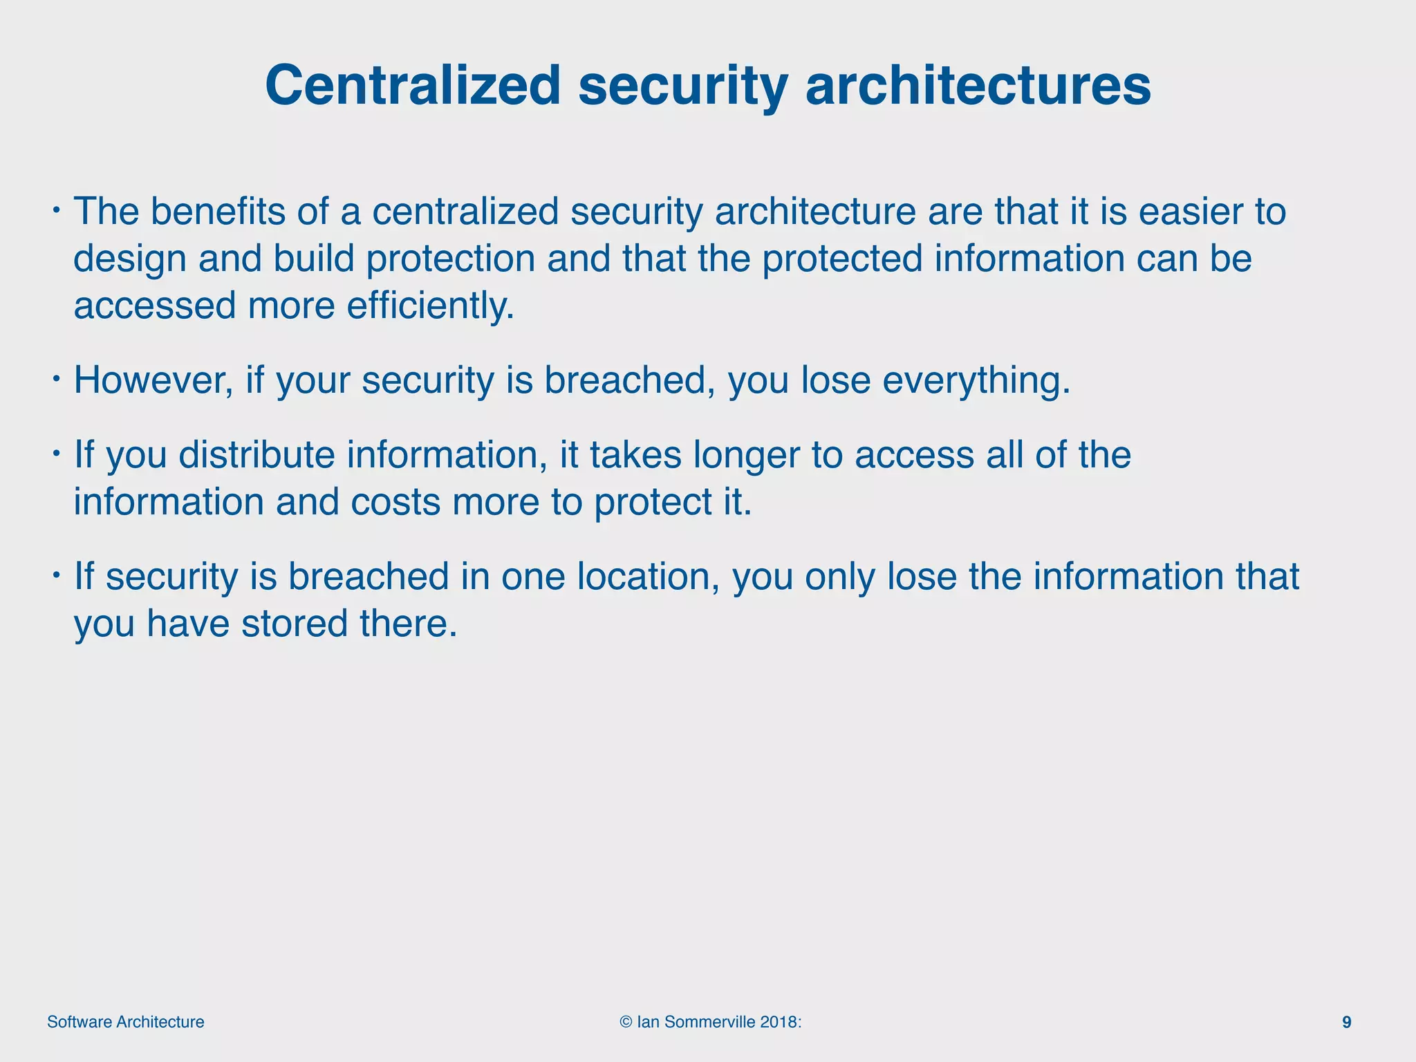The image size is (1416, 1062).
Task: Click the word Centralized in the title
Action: click(x=413, y=86)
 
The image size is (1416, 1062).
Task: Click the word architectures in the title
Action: click(x=978, y=86)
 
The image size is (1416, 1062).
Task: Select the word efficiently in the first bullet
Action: click(x=430, y=306)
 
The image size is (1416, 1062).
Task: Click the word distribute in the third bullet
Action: click(x=257, y=455)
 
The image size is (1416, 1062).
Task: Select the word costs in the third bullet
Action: click(x=395, y=502)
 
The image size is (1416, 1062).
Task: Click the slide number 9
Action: click(x=1346, y=1023)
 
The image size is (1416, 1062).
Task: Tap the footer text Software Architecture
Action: click(x=126, y=1023)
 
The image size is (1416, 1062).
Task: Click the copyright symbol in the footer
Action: click(x=626, y=1023)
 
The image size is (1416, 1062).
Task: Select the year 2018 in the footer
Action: click(x=779, y=1023)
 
